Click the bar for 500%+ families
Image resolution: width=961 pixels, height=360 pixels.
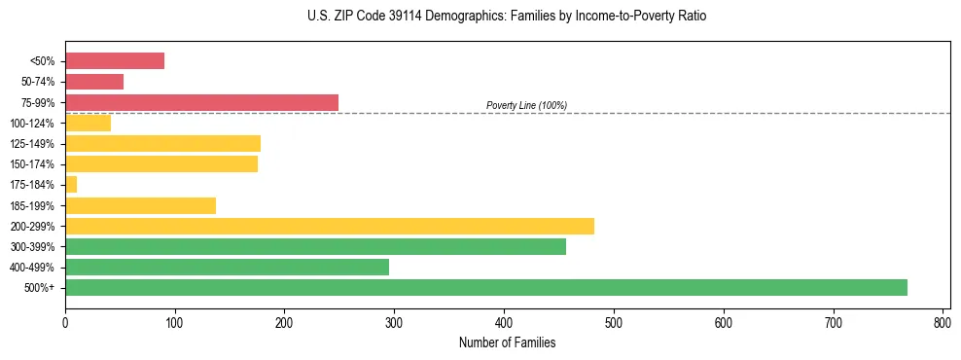point(486,287)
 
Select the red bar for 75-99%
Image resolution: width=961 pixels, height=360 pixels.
point(201,102)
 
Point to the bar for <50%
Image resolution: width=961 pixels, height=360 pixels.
point(115,60)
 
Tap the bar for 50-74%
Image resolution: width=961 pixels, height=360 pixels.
point(94,82)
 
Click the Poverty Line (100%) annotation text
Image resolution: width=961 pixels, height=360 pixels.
point(526,105)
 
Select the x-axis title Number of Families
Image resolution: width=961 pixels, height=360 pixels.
point(507,342)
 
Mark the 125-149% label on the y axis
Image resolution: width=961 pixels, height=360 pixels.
point(32,144)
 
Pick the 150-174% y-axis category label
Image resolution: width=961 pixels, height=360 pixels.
point(32,164)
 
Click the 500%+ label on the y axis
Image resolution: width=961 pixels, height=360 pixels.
point(40,288)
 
